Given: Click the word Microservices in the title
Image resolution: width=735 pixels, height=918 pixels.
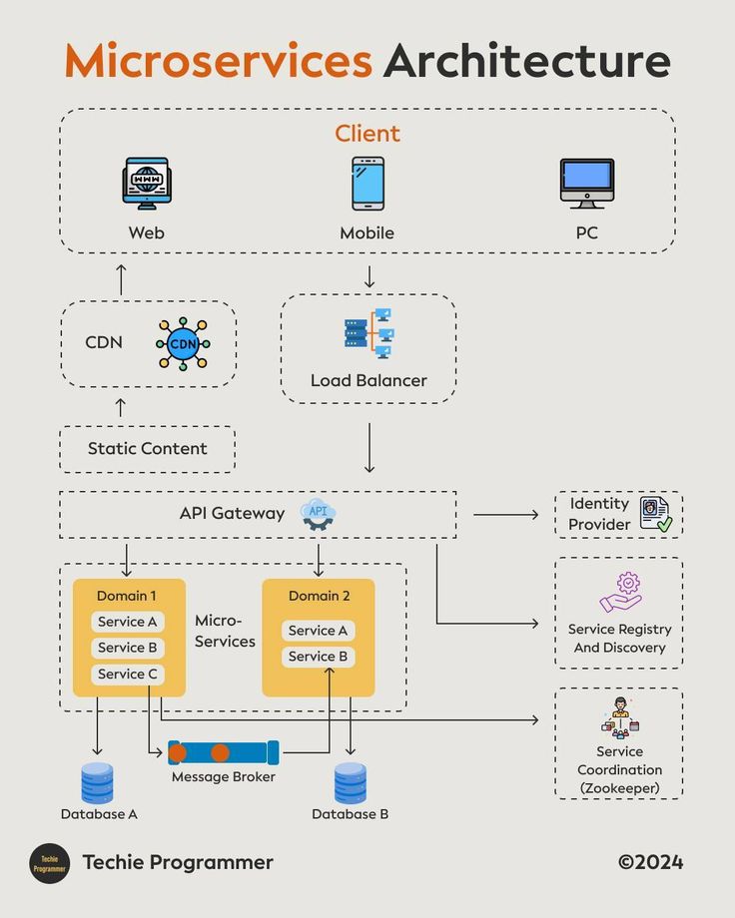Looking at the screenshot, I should (x=218, y=62).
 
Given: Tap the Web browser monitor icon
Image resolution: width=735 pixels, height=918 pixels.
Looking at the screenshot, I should (x=146, y=183).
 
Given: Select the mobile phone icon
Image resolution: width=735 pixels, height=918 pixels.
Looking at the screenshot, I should (x=367, y=183).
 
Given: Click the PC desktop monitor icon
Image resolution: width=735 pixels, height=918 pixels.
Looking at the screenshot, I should (x=586, y=183).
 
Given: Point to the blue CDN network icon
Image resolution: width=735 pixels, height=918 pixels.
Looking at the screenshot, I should (x=183, y=344).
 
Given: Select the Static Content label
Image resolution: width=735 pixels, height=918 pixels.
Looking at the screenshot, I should (x=147, y=449).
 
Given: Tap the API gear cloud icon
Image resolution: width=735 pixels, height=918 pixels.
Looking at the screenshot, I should (x=318, y=513).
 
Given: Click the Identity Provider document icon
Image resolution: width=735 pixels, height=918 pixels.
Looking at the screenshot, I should (x=655, y=514).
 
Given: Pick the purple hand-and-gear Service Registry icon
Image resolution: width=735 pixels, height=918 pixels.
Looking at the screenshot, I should (x=620, y=593).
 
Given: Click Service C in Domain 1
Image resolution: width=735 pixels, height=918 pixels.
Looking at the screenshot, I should (x=127, y=675).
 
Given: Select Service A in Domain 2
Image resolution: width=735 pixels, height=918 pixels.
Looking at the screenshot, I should (x=318, y=631).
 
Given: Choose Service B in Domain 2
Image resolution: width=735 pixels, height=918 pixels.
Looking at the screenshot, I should (x=318, y=657).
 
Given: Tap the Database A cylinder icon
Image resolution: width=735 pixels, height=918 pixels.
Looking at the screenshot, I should (x=98, y=783).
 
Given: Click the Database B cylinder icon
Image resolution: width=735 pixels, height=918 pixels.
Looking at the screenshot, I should (x=351, y=783).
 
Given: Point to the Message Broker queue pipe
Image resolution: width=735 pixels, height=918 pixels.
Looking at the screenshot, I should (x=224, y=752).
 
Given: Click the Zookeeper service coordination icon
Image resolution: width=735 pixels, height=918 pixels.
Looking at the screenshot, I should (x=620, y=716).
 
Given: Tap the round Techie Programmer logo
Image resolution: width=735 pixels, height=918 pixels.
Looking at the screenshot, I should (x=49, y=863).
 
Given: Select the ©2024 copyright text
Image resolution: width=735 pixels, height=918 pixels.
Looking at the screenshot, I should (x=650, y=862).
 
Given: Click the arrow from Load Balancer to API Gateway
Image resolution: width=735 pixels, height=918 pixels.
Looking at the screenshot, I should (x=369, y=448).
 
